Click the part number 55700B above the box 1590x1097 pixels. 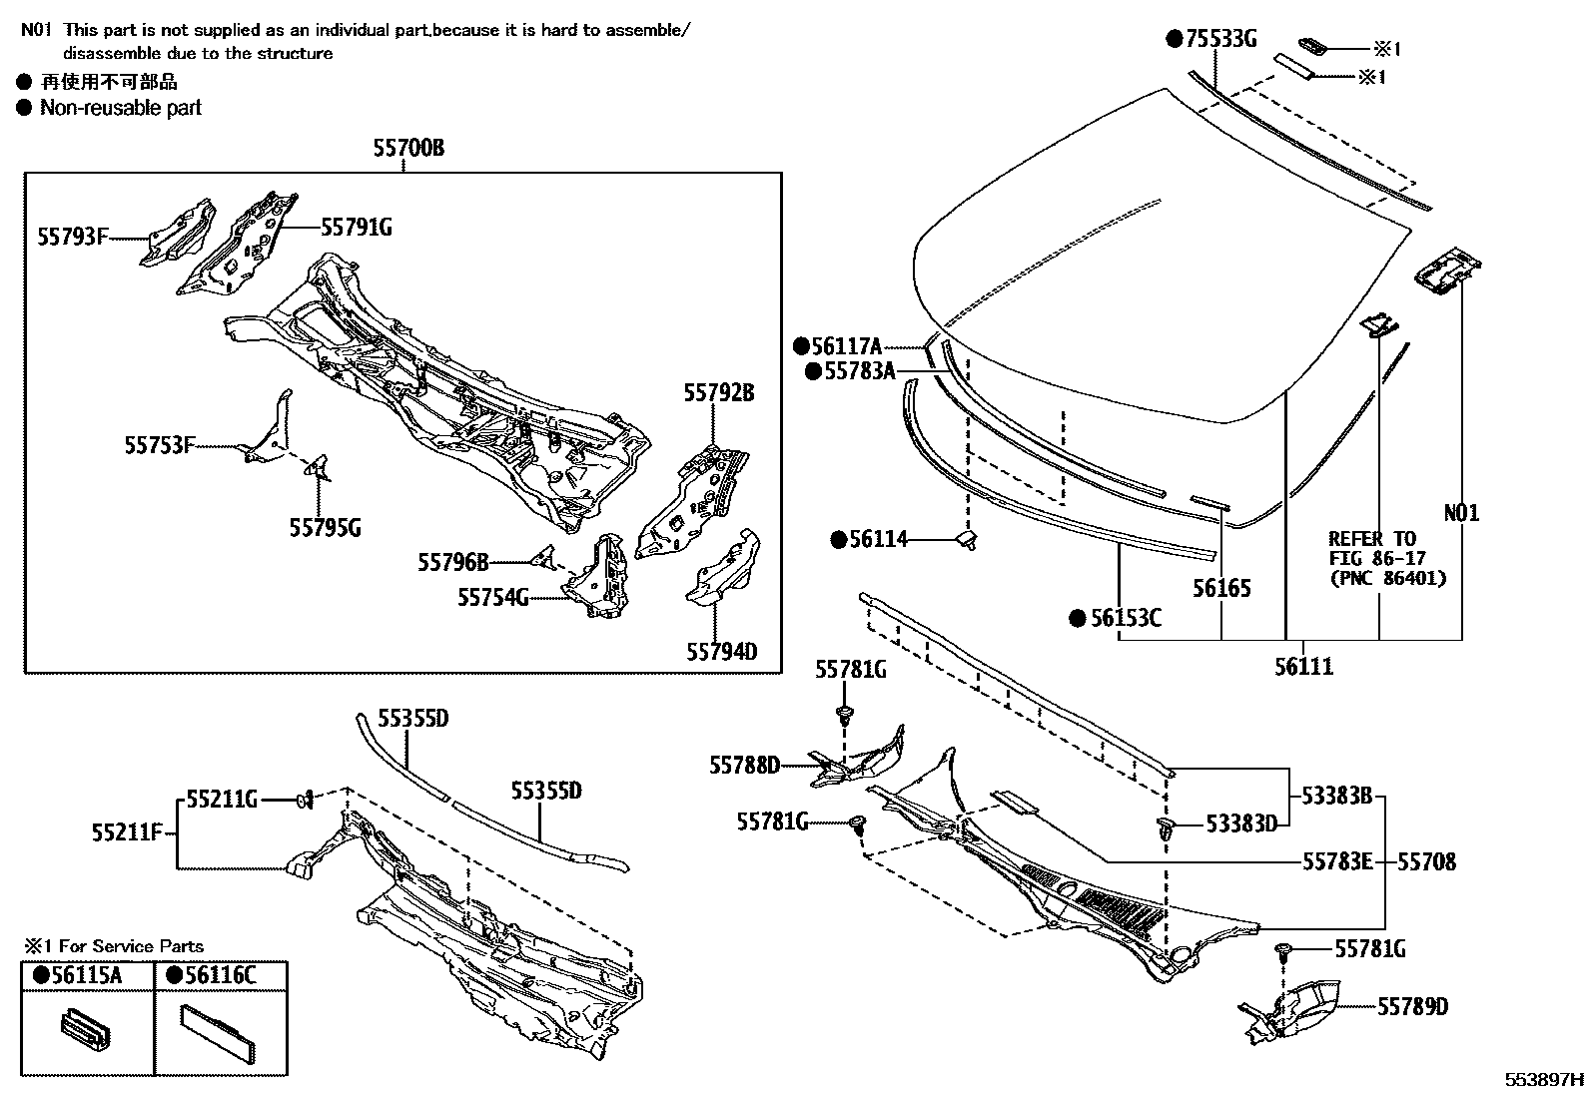408,149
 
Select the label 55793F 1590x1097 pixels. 72,237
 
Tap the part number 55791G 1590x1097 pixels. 357,228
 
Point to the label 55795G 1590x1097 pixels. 325,527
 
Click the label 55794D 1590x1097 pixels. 721,652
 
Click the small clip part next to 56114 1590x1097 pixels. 967,539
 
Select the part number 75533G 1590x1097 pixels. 1219,39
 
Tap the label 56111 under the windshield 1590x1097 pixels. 1303,667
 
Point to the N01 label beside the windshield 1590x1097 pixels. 1461,513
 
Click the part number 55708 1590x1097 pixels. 1426,860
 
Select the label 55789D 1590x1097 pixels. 1412,1007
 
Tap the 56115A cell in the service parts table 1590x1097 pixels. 87,976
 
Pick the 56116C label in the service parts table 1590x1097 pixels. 221,976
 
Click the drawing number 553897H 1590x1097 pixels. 1545,1080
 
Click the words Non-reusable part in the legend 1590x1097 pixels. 121,108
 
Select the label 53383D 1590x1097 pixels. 1240,823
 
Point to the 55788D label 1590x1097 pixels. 745,766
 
